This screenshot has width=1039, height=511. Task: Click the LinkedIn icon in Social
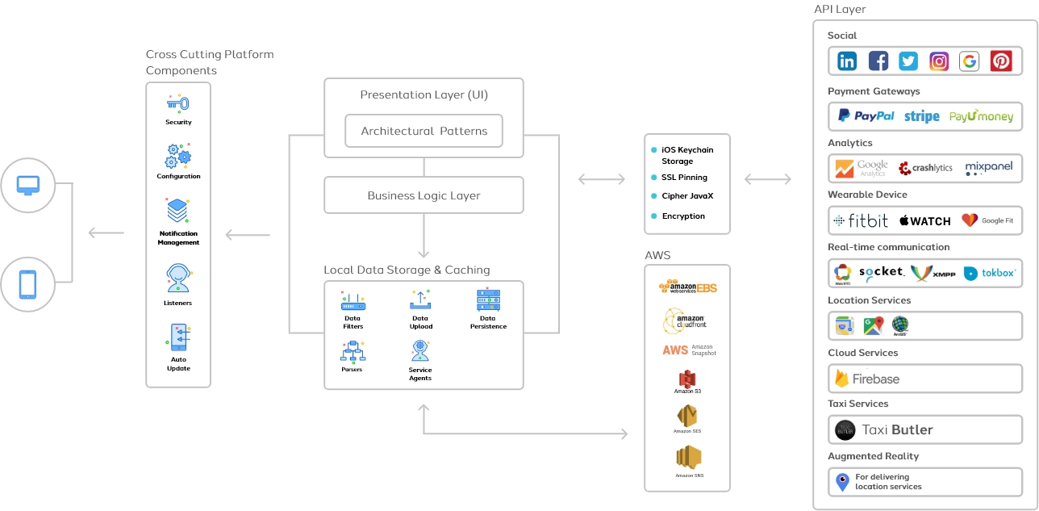[847, 61]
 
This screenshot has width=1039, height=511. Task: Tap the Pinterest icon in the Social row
[1001, 61]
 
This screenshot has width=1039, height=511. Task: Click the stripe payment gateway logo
[921, 116]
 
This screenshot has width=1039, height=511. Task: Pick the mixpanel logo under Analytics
[988, 168]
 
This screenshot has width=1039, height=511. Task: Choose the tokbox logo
[991, 274]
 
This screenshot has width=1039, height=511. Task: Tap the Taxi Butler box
[925, 429]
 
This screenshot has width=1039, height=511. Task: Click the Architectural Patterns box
[424, 131]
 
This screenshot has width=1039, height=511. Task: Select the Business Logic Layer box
[424, 195]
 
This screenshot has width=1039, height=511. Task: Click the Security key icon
[178, 104]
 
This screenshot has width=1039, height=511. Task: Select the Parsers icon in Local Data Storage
[353, 351]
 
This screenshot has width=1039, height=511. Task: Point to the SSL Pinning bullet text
[684, 177]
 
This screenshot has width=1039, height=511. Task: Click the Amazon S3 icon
[687, 379]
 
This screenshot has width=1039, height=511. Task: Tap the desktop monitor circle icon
[28, 185]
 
